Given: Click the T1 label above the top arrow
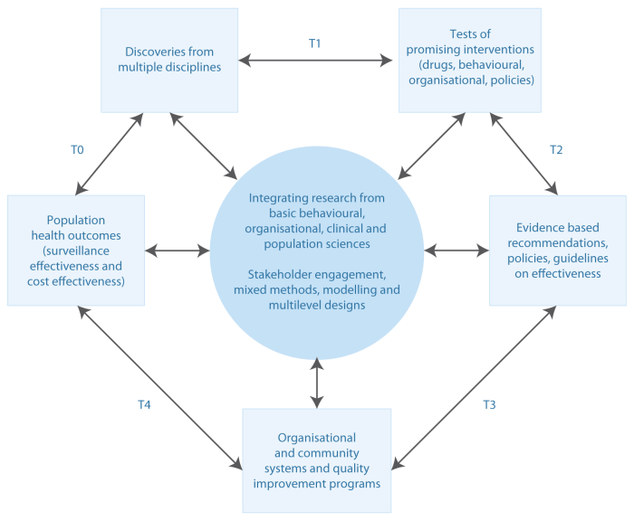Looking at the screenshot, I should [315, 43].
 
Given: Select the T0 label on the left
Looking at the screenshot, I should [77, 149].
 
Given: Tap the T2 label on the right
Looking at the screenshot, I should [556, 149].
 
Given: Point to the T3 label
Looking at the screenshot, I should [488, 404].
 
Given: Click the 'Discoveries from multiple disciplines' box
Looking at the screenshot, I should [169, 61].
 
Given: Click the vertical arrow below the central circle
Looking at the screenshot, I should [316, 382].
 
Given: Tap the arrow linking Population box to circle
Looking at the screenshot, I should [178, 250].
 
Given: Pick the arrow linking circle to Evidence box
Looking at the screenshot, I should [456, 250].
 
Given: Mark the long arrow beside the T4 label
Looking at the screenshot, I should [159, 386].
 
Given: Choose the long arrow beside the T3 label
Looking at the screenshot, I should [472, 386].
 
